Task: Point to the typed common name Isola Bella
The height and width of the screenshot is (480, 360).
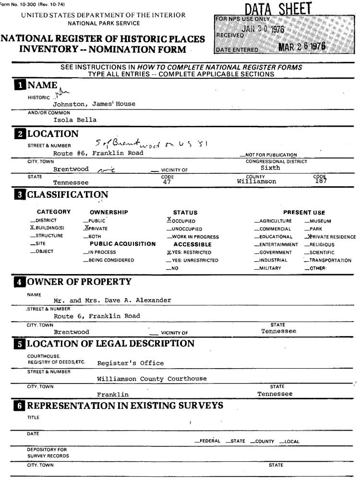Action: pyautogui.click(x=75, y=120)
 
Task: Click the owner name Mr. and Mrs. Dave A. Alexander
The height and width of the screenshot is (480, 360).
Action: pyautogui.click(x=112, y=300)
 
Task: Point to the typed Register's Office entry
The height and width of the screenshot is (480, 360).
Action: pyautogui.click(x=130, y=363)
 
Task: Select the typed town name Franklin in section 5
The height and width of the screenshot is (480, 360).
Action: pyautogui.click(x=112, y=395)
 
